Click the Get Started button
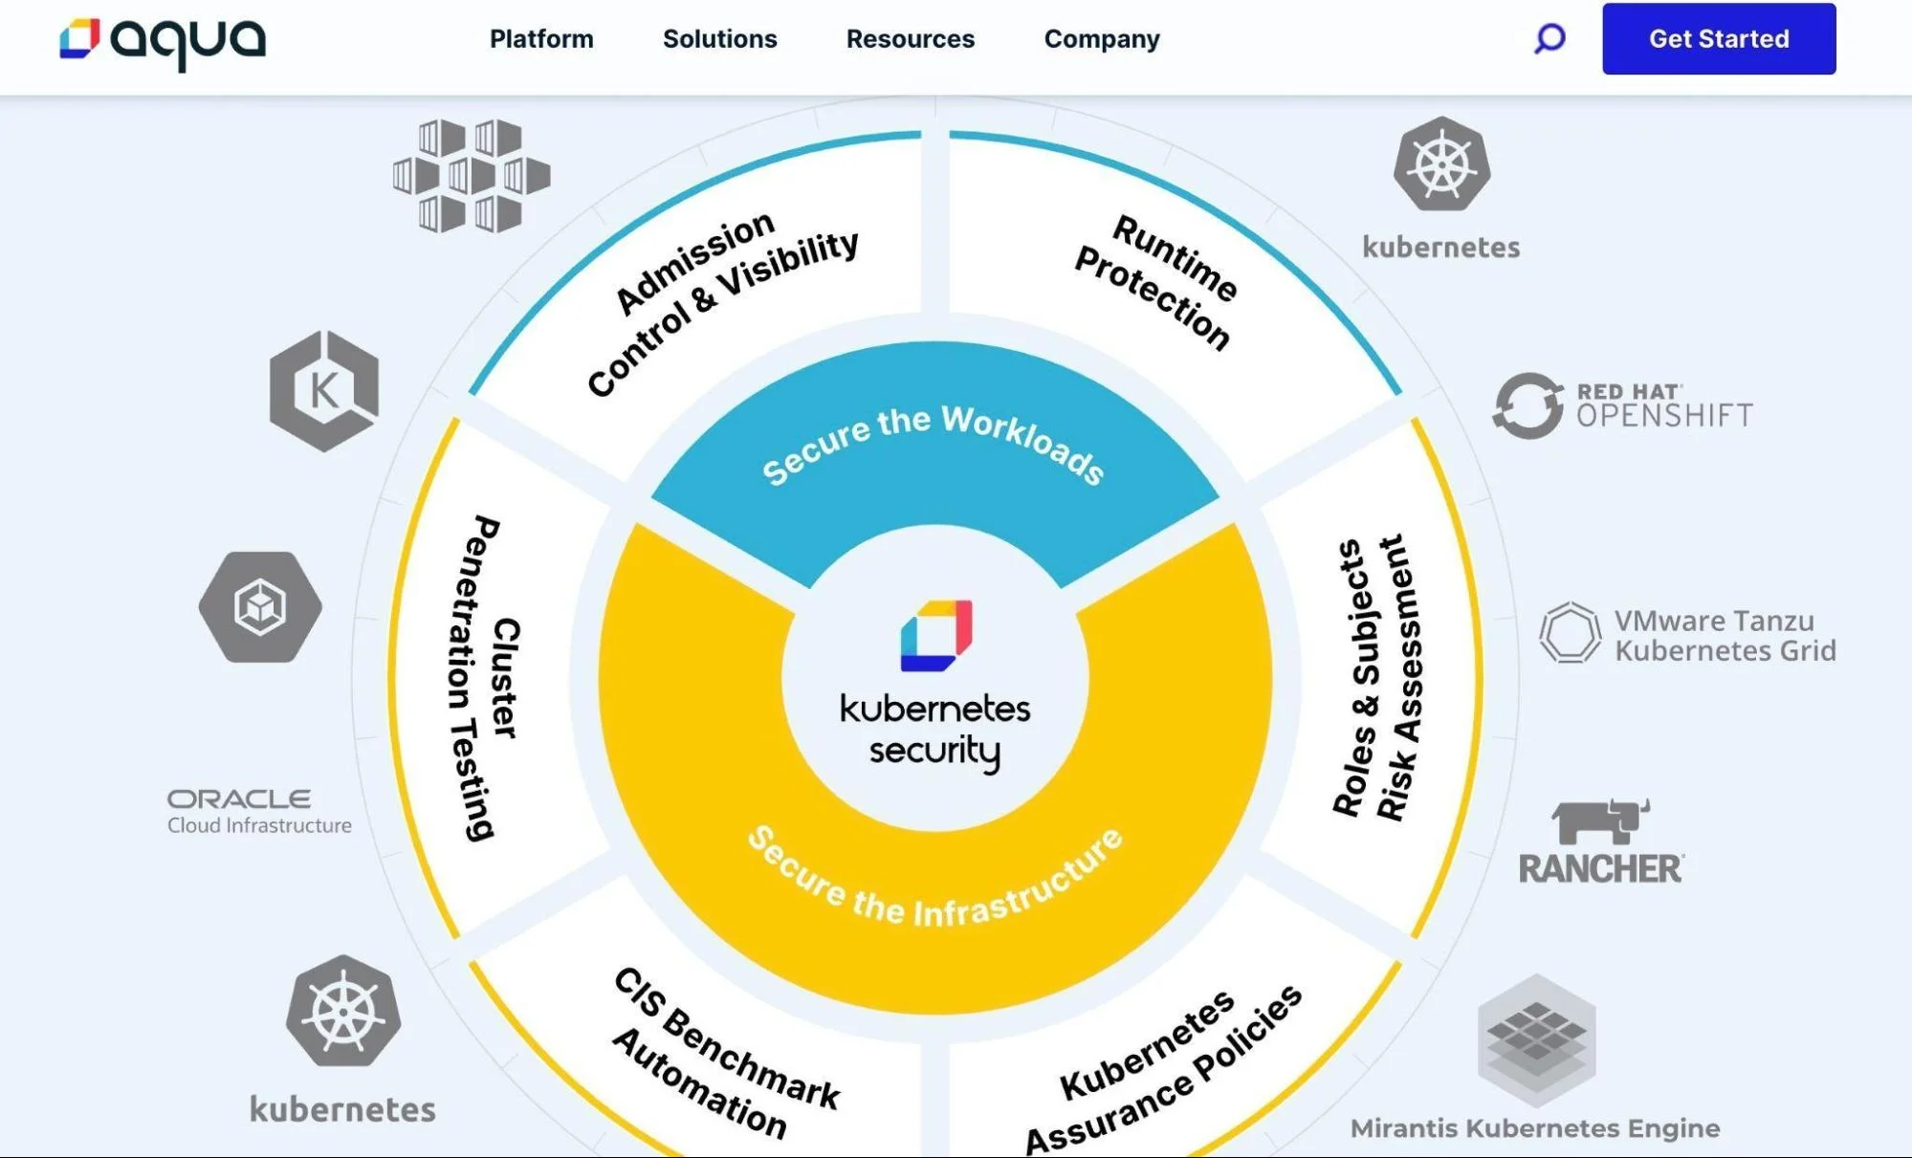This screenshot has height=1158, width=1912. tap(1718, 39)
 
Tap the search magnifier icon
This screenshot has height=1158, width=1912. tap(1549, 39)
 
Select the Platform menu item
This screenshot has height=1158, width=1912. tap(541, 39)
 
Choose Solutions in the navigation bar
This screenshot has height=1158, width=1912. tap(719, 39)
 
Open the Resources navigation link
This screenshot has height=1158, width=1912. tap(910, 39)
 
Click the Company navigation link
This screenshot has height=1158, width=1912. tap(1101, 39)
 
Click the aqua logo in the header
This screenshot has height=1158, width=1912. tap(163, 40)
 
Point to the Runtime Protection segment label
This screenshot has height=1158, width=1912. tap(1155, 282)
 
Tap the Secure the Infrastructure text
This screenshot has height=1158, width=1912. tap(934, 885)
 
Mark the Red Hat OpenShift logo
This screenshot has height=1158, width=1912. tap(1622, 405)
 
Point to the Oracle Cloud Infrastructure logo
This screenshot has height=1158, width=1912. tap(258, 811)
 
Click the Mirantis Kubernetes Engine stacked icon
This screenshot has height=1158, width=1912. tap(1536, 1038)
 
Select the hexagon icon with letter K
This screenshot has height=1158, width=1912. tap(324, 390)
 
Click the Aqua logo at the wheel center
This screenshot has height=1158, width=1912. tap(935, 635)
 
